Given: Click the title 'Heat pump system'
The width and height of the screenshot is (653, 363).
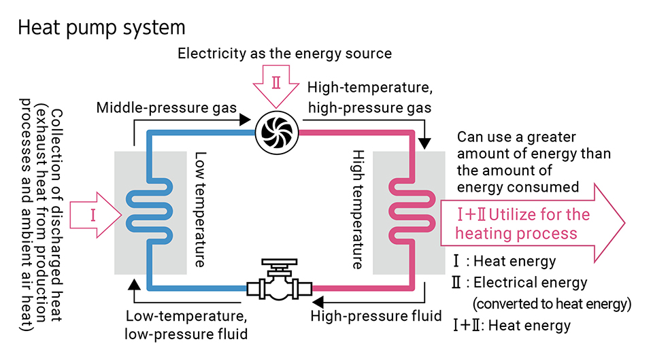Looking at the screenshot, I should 101,28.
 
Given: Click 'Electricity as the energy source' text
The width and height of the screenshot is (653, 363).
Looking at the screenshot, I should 284,53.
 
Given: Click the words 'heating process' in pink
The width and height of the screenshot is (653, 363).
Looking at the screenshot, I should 516,234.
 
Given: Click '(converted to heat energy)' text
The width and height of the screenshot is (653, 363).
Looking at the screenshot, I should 552,303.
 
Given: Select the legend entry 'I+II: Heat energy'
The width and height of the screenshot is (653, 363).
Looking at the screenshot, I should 512,325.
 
